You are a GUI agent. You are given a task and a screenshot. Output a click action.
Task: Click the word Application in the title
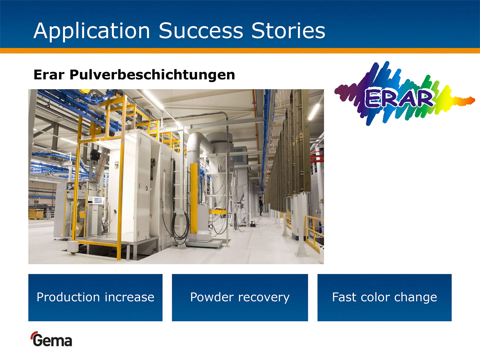coord(92,31)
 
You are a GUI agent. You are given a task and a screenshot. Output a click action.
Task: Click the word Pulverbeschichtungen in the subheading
coord(152,75)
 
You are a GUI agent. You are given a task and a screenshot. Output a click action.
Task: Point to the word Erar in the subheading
coord(49,75)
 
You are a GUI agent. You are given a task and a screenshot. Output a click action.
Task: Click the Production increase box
coord(95,298)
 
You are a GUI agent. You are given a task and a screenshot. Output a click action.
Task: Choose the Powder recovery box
coord(240,298)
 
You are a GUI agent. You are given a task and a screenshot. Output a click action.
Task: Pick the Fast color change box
coord(384,298)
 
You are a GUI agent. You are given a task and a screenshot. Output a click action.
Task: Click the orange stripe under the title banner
coord(240,51)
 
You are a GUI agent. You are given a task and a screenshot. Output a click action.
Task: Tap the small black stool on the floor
coord(253,224)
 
